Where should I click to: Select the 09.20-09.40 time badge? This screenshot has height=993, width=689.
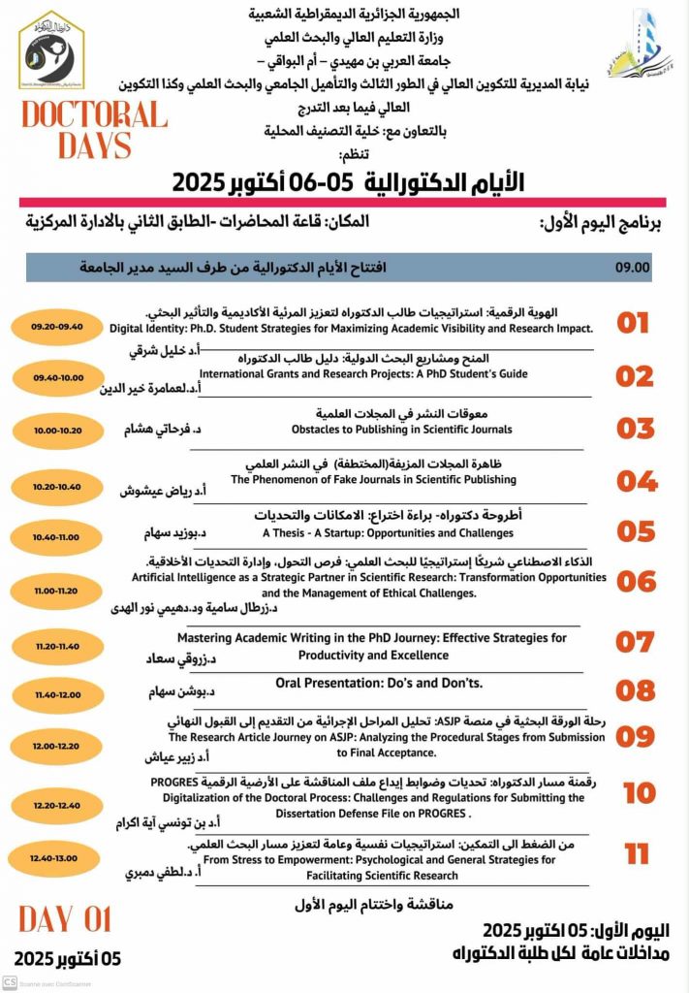click(x=59, y=327)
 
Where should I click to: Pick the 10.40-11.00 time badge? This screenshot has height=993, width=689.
click(x=58, y=536)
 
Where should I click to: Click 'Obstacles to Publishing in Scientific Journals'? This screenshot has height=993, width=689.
click(x=401, y=430)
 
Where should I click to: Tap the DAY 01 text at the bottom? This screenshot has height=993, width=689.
click(x=65, y=917)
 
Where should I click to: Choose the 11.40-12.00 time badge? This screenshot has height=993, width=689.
click(x=58, y=694)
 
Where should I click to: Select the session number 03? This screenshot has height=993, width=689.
click(x=636, y=428)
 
